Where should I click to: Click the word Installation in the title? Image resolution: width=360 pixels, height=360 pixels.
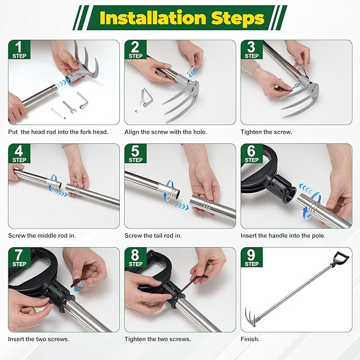[145, 19]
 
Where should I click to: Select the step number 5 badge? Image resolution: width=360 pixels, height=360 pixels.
[135, 153]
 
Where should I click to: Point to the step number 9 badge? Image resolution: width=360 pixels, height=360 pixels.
[251, 257]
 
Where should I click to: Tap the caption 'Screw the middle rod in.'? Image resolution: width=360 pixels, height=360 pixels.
[45, 235]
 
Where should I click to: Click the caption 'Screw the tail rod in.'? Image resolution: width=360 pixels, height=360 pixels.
[157, 235]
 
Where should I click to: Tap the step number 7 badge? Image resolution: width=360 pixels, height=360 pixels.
[19, 257]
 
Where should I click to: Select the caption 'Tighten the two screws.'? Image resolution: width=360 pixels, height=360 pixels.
[157, 339]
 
